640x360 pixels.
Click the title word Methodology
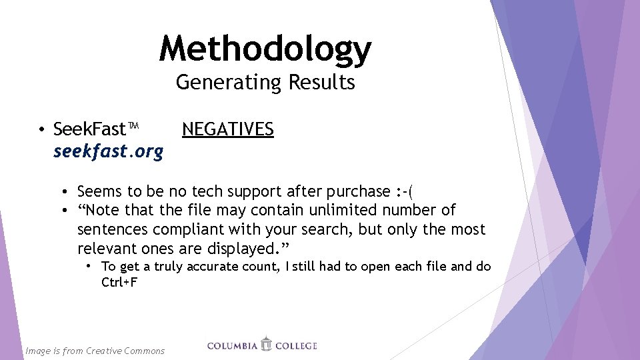265,49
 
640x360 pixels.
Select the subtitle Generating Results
265,83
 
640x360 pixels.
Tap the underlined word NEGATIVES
228,129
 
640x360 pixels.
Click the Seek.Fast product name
89,129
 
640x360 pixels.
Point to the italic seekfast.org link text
108,152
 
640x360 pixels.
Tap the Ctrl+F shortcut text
119,282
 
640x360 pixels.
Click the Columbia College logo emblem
267,344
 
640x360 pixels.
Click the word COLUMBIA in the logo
233,346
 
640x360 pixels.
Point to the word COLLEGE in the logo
296,346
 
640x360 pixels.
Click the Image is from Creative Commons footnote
95,351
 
